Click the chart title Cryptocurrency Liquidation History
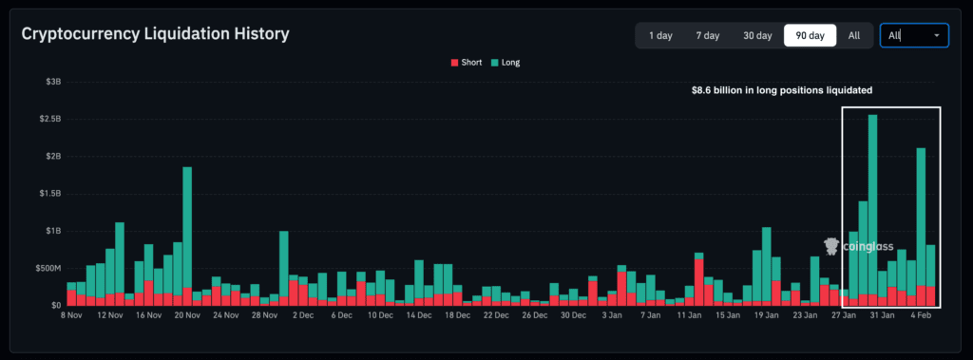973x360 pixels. pyautogui.click(x=155, y=34)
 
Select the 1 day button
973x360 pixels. pyautogui.click(x=660, y=35)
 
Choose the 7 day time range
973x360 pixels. pyautogui.click(x=707, y=35)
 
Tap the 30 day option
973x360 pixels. pyautogui.click(x=757, y=35)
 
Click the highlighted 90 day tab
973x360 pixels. pyautogui.click(x=810, y=35)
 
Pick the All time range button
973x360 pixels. pyautogui.click(x=854, y=35)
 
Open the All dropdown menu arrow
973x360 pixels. pyautogui.click(x=938, y=35)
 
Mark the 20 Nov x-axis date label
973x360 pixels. pyautogui.click(x=188, y=314)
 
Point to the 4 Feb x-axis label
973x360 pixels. pyautogui.click(x=921, y=314)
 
